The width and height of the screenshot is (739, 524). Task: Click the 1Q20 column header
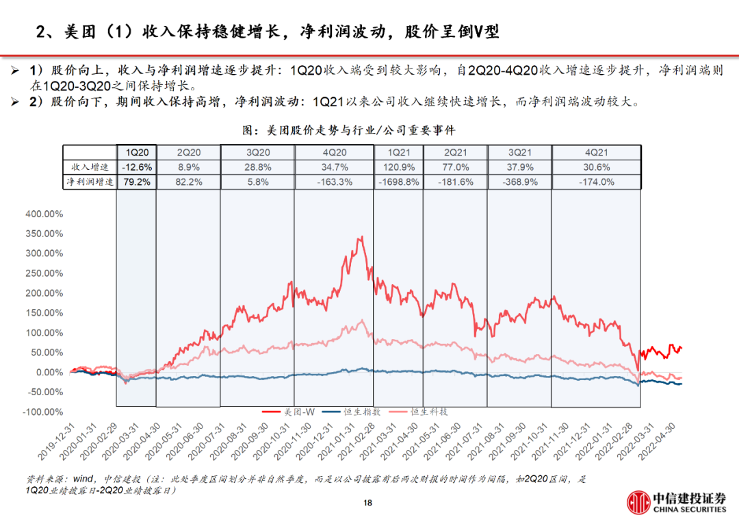(136, 153)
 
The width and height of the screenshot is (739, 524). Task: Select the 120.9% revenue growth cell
(398, 167)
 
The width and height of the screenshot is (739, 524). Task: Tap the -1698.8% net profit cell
(398, 182)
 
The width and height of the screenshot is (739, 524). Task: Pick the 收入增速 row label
(90, 167)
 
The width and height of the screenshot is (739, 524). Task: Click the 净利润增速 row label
(90, 182)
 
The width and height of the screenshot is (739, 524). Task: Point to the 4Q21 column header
(596, 153)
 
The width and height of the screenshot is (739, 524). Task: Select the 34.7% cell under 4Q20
(333, 167)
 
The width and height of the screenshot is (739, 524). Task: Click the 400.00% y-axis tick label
(44, 214)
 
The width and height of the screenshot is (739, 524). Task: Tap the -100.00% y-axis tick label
(44, 412)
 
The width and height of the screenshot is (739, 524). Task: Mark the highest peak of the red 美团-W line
(360, 238)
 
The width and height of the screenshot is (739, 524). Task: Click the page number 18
(368, 503)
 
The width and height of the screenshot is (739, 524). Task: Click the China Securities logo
(677, 501)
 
